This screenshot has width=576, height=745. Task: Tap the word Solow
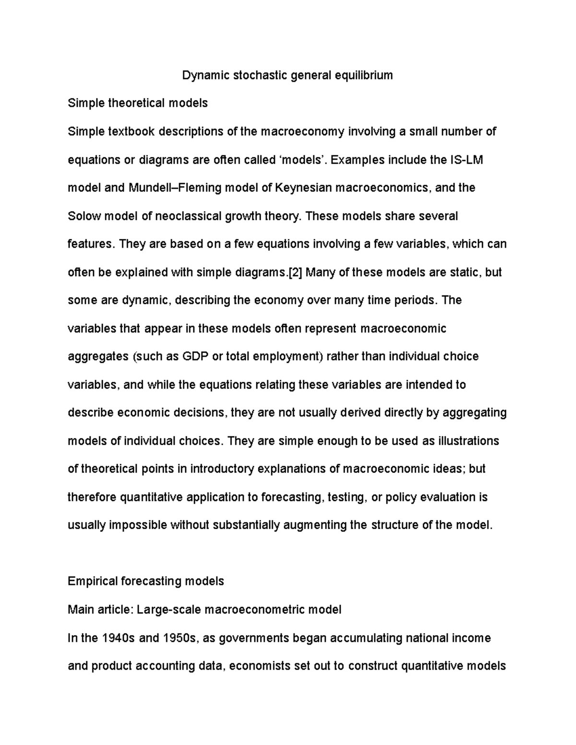84,216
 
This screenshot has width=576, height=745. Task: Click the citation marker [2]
294,272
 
